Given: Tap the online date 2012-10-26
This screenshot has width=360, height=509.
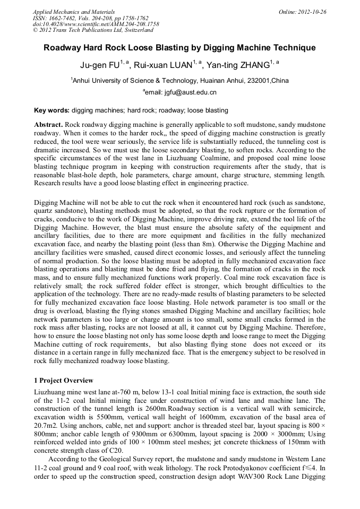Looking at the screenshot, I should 311,12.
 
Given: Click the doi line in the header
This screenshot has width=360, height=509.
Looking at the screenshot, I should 96,24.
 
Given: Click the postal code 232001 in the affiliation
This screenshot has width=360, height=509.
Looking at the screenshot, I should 259,81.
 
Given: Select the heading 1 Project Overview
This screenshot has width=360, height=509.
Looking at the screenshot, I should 63,381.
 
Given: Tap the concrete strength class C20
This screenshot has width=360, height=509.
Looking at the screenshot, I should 109,449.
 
